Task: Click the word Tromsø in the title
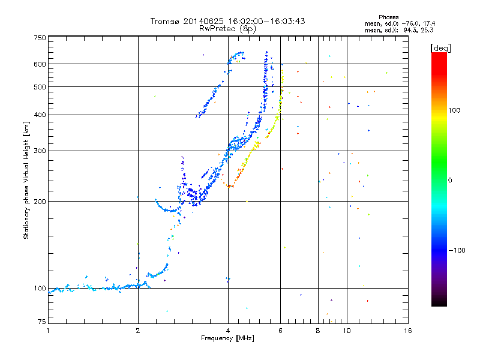point(163,22)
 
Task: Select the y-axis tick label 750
point(40,38)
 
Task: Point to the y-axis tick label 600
point(40,64)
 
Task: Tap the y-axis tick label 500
point(40,87)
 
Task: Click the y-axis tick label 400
point(40,115)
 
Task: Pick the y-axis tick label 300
point(40,151)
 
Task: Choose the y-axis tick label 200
point(40,202)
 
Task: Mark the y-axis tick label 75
point(41,324)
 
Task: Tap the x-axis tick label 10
point(347,331)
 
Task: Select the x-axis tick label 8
point(318,331)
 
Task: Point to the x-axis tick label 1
point(48,331)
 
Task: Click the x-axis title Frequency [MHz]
point(227,338)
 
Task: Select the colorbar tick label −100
point(458,250)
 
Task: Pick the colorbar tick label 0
point(451,180)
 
